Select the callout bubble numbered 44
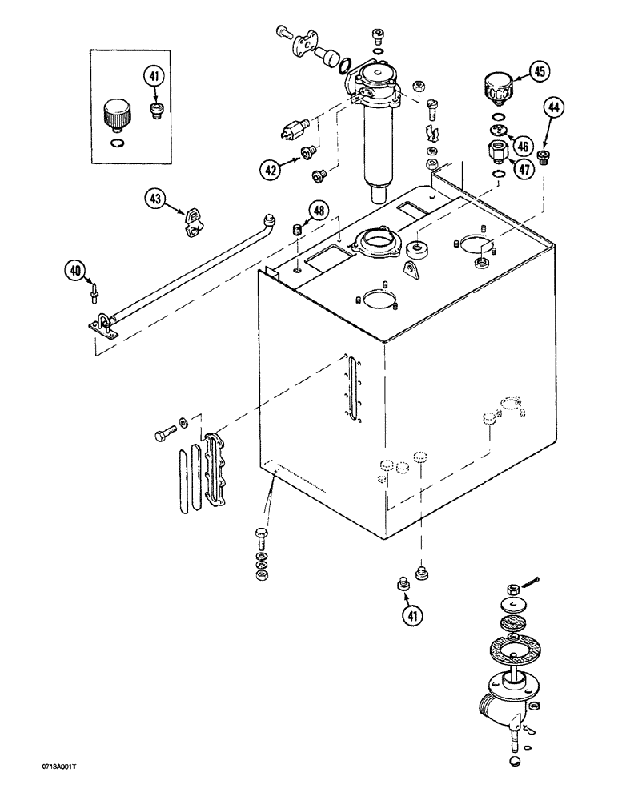pos(553,107)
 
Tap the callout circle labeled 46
pos(523,146)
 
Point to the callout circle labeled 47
pos(523,170)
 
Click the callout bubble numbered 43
pos(156,199)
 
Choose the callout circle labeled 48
pos(319,211)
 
